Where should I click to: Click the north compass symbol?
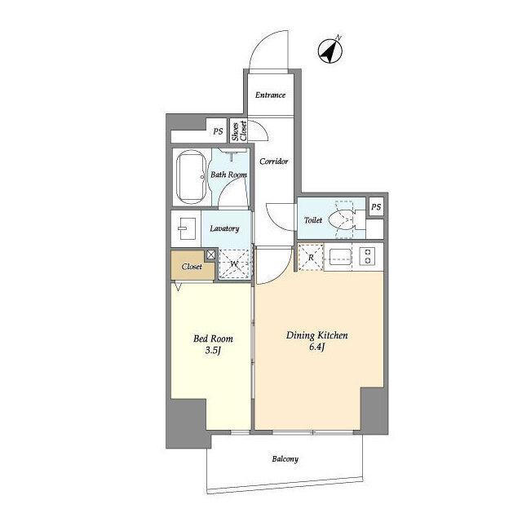point(330,51)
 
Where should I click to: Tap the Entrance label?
point(270,95)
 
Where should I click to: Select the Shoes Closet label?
point(240,130)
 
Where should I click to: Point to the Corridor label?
point(274,161)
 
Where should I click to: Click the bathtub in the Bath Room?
point(192,177)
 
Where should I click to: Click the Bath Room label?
point(228,175)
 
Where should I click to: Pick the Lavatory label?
point(224,228)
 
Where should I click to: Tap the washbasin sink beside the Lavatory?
point(187,228)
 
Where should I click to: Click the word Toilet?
point(313,220)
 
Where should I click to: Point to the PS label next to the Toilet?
point(376,207)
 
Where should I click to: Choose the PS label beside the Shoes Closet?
point(218,131)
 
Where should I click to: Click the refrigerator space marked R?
point(311,258)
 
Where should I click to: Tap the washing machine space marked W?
point(234,264)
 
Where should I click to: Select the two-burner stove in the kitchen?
point(368,256)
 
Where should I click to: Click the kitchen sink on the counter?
point(340,256)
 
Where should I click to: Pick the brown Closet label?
point(192,267)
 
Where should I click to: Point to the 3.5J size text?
point(213,351)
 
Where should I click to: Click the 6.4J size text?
point(317,347)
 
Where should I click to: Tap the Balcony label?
point(285,459)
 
